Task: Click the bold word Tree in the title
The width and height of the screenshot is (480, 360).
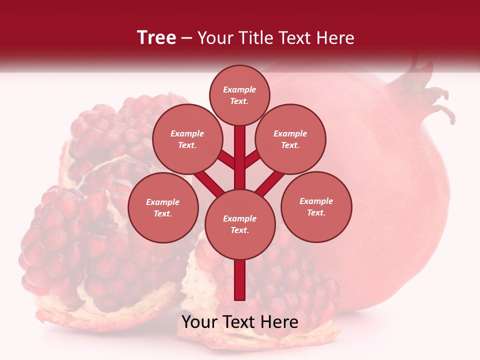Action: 156,38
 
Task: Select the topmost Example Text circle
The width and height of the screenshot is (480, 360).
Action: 239,95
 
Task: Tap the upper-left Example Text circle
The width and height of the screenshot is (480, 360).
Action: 187,139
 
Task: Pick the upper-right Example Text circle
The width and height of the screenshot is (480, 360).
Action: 290,139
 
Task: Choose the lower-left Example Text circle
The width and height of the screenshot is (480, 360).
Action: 163,207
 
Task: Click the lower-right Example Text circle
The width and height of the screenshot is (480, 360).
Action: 316,206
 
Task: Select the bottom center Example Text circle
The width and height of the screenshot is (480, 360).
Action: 240,224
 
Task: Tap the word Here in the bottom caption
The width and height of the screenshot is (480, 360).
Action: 279,322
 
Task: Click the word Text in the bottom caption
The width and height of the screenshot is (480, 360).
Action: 238,322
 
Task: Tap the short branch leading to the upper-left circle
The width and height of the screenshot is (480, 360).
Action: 226,160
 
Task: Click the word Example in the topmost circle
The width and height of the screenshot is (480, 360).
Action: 239,89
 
